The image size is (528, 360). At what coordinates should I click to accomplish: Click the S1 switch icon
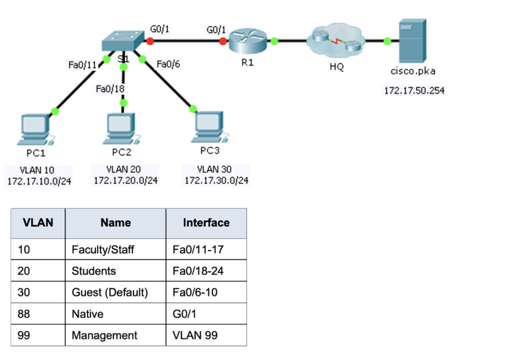click(123, 41)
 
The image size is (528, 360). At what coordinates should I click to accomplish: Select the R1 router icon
click(248, 41)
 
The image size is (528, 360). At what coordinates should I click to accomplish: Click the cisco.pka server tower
click(412, 41)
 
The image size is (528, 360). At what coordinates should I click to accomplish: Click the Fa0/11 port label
click(82, 65)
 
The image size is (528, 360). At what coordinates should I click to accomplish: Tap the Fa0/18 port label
click(110, 89)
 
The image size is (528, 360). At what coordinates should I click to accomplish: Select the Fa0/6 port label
click(168, 64)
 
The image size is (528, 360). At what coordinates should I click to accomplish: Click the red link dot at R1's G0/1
click(223, 41)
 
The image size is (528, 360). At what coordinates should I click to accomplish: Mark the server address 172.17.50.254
click(414, 91)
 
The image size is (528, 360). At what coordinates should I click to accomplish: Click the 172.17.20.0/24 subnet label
click(126, 181)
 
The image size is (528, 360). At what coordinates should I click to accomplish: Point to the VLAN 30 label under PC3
click(214, 170)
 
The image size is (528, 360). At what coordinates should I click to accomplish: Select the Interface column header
click(206, 223)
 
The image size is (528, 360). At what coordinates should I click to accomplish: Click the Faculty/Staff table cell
click(103, 249)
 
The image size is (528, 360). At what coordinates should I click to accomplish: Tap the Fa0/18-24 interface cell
click(198, 271)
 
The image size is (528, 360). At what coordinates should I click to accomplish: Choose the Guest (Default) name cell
click(110, 293)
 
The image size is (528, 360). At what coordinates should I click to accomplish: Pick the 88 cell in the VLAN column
click(24, 314)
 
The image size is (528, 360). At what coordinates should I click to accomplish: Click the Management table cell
click(104, 335)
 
